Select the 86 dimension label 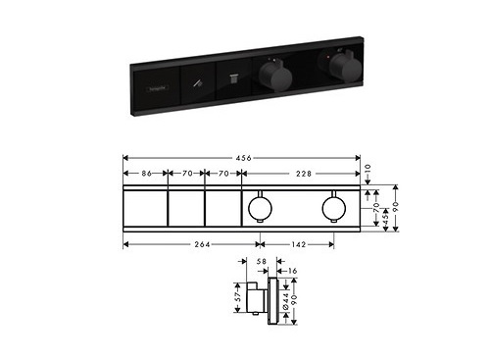click(145, 174)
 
